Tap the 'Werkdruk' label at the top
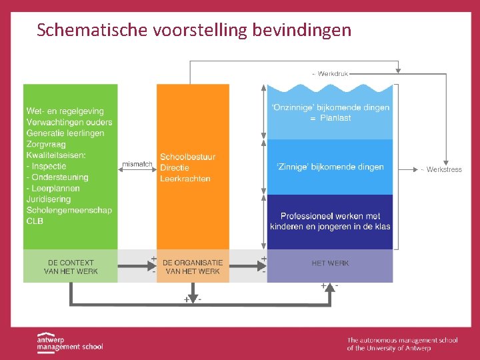coord(333,73)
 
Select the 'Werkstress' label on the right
coord(444,170)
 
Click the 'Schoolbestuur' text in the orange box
coord(187,157)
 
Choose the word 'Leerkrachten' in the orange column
coord(185,179)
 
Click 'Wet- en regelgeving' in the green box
coord(65,111)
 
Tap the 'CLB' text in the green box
coord(35,221)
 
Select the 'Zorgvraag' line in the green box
coord(47,144)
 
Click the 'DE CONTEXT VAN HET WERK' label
coord(71,267)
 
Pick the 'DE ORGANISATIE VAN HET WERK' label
coord(193,267)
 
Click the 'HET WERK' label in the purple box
coord(330,263)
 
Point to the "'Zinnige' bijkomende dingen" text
coord(330,167)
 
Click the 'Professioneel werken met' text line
coord(330,216)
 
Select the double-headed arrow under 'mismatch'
coord(137,171)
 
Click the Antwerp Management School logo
coord(69,341)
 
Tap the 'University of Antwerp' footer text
coord(401,348)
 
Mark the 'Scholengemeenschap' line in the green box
coord(69,210)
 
